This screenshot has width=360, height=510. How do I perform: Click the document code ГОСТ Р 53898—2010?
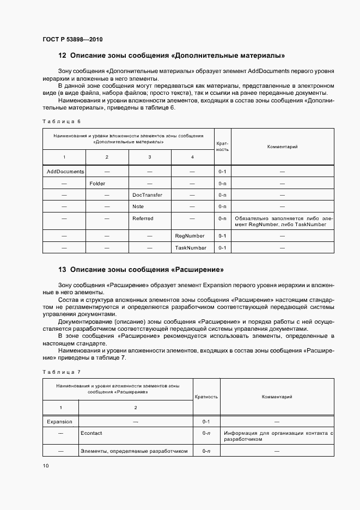click(72, 40)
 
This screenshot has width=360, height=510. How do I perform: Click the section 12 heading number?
click(62, 56)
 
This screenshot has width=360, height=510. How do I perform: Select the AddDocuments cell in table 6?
click(65, 171)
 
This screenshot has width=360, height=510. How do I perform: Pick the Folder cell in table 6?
click(97, 183)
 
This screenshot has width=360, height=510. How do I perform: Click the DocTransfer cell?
click(147, 195)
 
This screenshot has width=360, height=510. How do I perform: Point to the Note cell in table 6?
click(138, 207)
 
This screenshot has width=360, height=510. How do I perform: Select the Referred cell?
click(143, 218)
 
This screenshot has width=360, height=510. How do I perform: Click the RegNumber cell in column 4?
click(190, 236)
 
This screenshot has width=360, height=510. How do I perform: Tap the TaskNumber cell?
click(191, 247)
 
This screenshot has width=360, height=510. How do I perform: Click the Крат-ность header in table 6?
click(222, 146)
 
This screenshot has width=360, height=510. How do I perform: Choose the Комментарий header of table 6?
click(282, 146)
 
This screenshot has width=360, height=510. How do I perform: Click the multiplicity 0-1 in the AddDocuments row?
click(222, 171)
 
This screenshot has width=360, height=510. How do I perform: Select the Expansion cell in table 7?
click(60, 421)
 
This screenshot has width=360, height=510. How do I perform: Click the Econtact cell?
click(91, 433)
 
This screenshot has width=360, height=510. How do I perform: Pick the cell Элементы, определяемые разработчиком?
click(134, 451)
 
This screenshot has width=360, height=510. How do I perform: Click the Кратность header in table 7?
click(206, 397)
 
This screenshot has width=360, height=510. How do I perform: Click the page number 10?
click(45, 465)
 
